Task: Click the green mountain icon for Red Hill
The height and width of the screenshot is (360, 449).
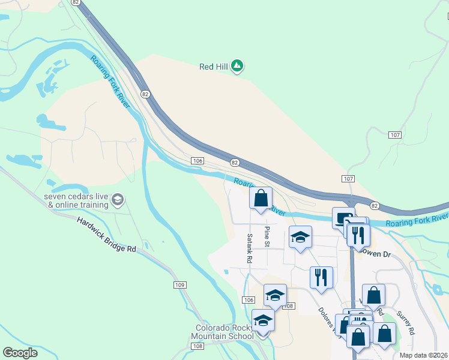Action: pyautogui.click(x=237, y=65)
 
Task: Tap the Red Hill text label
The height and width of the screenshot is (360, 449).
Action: pyautogui.click(x=214, y=67)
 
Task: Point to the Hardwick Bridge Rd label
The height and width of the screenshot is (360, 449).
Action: pyautogui.click(x=106, y=233)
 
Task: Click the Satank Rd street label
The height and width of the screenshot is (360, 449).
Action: pyautogui.click(x=249, y=248)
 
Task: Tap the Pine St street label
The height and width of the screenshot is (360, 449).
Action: pyautogui.click(x=268, y=236)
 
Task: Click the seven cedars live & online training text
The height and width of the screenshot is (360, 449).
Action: pyautogui.click(x=76, y=200)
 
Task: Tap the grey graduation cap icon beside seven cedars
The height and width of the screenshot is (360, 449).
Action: pyautogui.click(x=118, y=199)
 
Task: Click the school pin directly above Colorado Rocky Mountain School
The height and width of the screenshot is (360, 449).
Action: pyautogui.click(x=263, y=320)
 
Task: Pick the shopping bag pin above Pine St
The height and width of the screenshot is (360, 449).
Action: pyautogui.click(x=261, y=198)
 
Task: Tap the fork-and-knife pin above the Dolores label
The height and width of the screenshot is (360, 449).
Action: pyautogui.click(x=321, y=277)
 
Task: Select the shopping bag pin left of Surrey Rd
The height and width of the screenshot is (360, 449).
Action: pyautogui.click(x=373, y=295)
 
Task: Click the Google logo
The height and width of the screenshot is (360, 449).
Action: pyautogui.click(x=20, y=353)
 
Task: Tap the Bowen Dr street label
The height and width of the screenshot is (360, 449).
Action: pyautogui.click(x=376, y=254)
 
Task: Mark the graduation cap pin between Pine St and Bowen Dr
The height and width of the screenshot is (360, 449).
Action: pyautogui.click(x=300, y=237)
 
